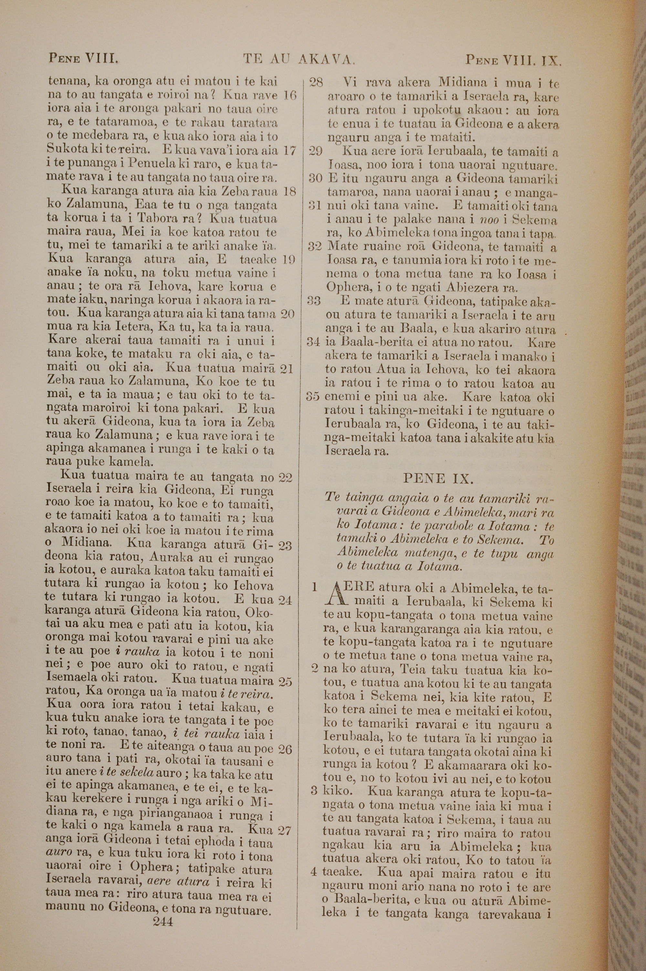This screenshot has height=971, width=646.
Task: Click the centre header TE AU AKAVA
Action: click(x=299, y=60)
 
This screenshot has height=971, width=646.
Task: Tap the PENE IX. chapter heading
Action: click(x=438, y=478)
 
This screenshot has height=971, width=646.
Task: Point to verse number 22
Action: click(x=286, y=478)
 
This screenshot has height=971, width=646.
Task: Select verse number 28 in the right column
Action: click(x=316, y=83)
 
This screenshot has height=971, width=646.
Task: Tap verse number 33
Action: click(x=314, y=301)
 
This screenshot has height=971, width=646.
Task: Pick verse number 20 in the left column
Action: click(x=287, y=314)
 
